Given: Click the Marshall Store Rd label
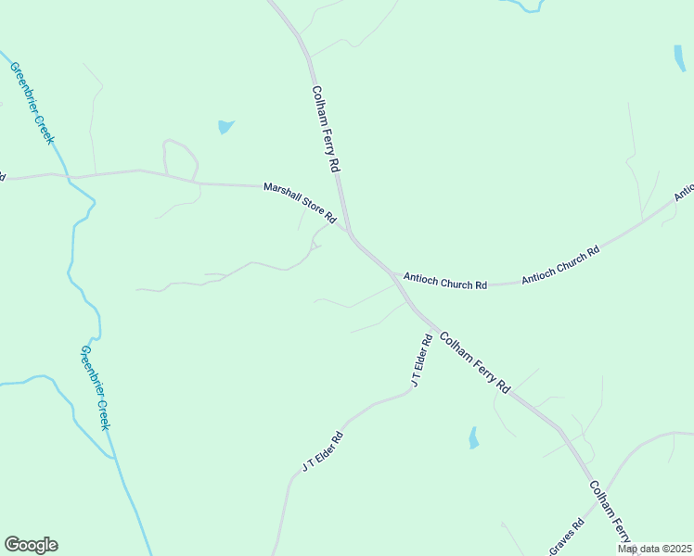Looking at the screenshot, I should pyautogui.click(x=299, y=201).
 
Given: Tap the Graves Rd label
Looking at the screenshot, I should pyautogui.click(x=566, y=537).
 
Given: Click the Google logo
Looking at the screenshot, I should pyautogui.click(x=31, y=545).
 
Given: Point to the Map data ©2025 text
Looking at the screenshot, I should pyautogui.click(x=654, y=549).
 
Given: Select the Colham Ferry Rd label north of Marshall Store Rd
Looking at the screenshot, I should pyautogui.click(x=327, y=129).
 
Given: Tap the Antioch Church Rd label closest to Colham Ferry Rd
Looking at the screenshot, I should pyautogui.click(x=444, y=281).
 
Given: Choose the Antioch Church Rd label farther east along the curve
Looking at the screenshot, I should pyautogui.click(x=560, y=264).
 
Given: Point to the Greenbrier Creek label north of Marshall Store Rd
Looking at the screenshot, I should pyautogui.click(x=33, y=102).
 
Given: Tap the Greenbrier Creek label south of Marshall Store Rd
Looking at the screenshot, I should pyautogui.click(x=95, y=387).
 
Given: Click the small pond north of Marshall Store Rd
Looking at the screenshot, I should pyautogui.click(x=225, y=127).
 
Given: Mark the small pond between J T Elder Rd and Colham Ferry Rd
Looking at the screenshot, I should pyautogui.click(x=473, y=437).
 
